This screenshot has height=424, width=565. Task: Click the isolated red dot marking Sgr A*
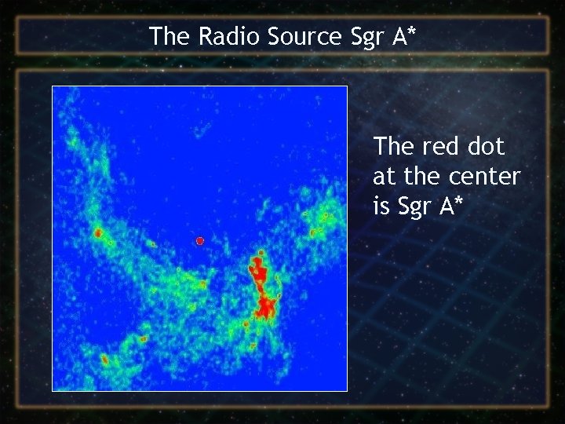[x=200, y=240]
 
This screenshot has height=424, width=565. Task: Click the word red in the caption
[x=436, y=147]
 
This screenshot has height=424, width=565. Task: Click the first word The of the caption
[x=393, y=147]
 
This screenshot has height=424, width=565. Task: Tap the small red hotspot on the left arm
[x=98, y=233]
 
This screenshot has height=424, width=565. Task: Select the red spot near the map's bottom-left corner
[x=104, y=359]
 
